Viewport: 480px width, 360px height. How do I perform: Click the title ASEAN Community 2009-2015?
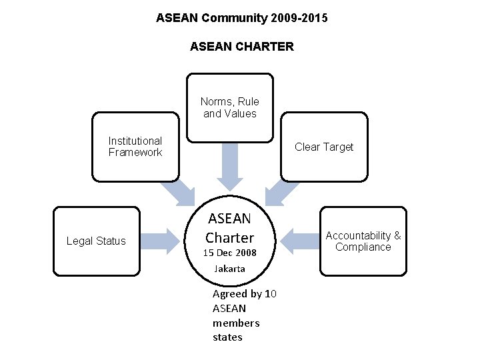tap(241, 18)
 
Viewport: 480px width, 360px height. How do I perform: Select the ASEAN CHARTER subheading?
tap(241, 47)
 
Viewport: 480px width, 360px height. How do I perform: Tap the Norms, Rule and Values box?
tap(230, 108)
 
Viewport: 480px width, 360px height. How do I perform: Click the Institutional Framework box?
tap(135, 147)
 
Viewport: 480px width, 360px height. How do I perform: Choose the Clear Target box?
tap(324, 147)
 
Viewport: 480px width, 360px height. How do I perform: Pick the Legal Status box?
tap(96, 241)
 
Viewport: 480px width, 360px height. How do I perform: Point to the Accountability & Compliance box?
tap(363, 241)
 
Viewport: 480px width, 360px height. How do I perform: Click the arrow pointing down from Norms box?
tap(230, 167)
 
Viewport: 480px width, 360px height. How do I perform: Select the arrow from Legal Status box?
tap(163, 241)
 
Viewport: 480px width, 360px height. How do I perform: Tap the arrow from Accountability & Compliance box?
tap(297, 241)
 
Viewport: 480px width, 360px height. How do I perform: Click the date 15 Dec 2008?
tap(230, 253)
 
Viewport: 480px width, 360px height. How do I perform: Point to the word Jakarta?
tap(230, 269)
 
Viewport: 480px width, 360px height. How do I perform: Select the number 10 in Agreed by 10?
tap(271, 294)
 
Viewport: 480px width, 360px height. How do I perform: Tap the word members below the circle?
tap(236, 323)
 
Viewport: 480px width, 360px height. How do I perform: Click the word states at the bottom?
tap(227, 337)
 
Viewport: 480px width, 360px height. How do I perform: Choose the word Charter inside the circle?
tap(230, 237)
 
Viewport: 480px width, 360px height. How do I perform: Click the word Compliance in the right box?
tap(363, 247)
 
